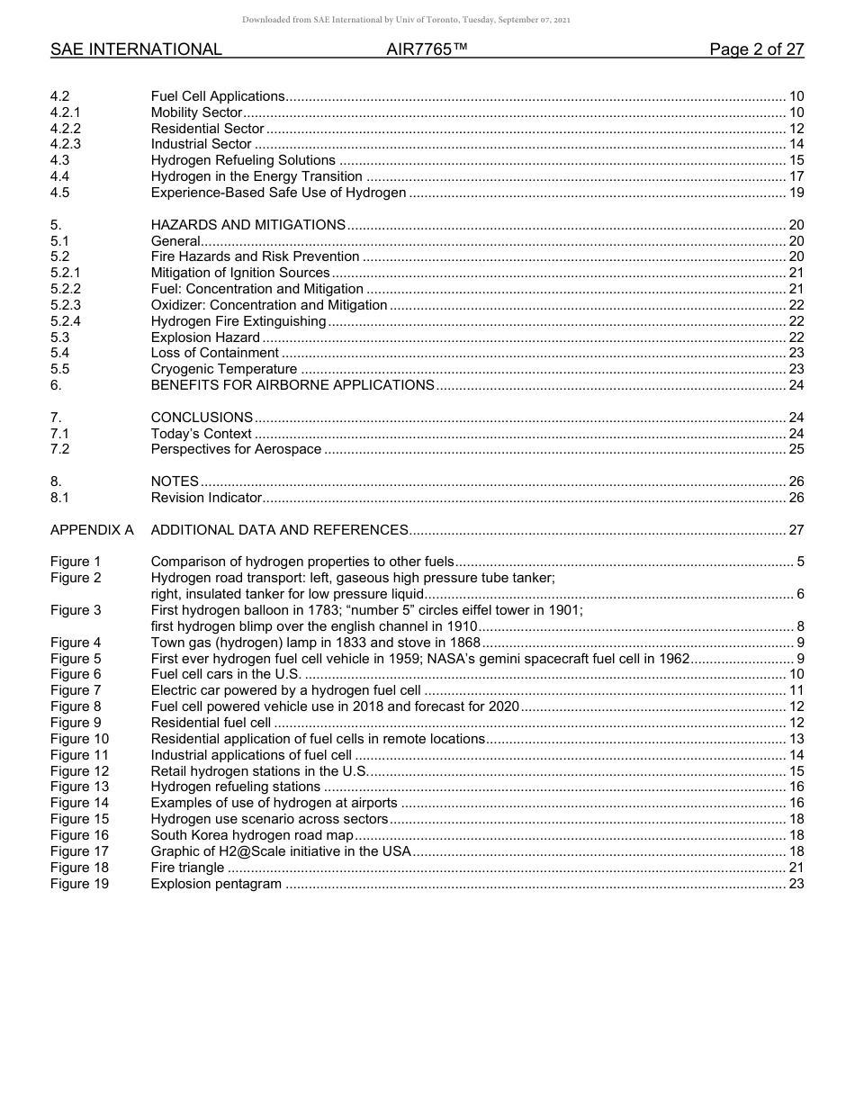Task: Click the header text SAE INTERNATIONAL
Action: [x=136, y=49]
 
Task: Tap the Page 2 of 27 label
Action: [x=756, y=49]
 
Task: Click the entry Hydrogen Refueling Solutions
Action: [x=243, y=160]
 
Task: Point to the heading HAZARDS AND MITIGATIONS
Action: [x=247, y=225]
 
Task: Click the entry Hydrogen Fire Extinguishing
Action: [x=238, y=321]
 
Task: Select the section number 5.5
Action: [x=59, y=369]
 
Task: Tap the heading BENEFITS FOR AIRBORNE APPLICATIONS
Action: [x=292, y=385]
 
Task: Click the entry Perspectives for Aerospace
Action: [x=236, y=449]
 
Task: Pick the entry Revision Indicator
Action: [x=206, y=498]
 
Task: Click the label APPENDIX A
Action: [x=92, y=530]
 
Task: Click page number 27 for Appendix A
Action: [x=796, y=530]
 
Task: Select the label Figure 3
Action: [x=76, y=610]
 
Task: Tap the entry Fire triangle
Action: [x=187, y=868]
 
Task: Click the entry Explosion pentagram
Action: [x=216, y=884]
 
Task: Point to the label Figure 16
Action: [x=79, y=835]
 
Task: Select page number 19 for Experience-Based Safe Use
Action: [x=796, y=193]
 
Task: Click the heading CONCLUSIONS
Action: [x=202, y=418]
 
